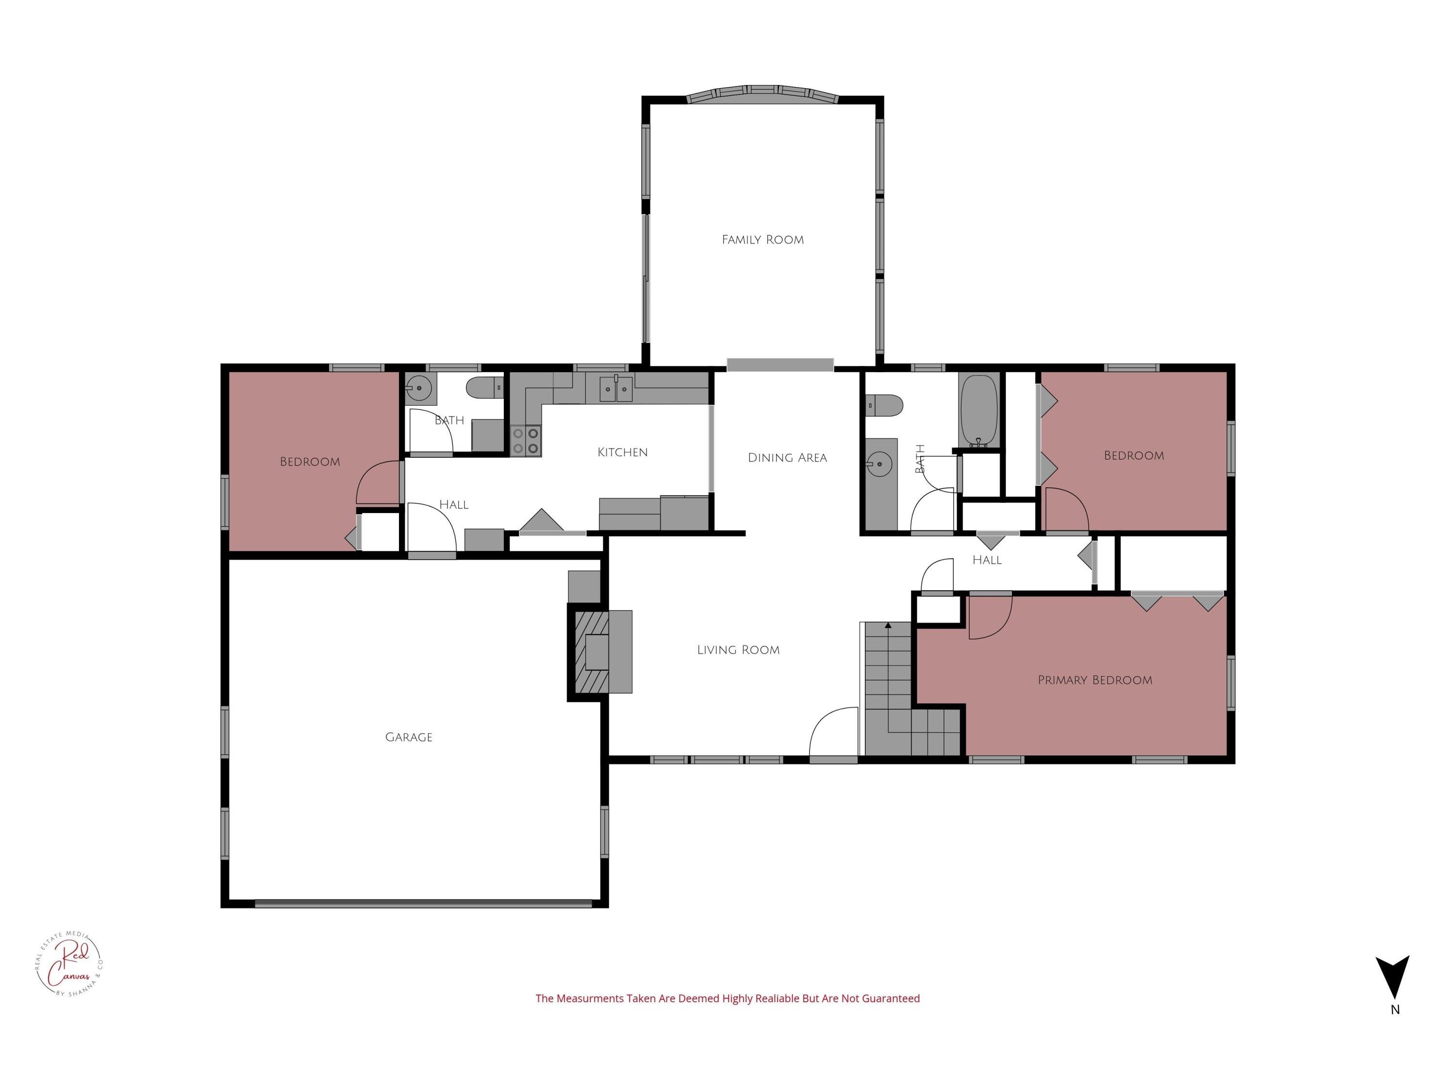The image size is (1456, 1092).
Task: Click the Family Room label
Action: (x=762, y=240)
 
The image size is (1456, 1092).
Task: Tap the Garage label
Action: (x=409, y=737)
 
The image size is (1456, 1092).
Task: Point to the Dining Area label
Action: (x=787, y=458)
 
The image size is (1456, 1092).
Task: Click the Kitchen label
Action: (x=622, y=452)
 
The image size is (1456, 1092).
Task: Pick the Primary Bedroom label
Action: (x=1094, y=680)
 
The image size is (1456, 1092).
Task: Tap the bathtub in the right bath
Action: (x=979, y=412)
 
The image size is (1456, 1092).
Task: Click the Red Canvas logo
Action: (x=69, y=964)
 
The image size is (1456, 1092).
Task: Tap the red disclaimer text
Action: (x=728, y=998)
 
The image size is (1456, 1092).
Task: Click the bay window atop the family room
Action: (x=762, y=94)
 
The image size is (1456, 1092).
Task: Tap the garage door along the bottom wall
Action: (x=423, y=904)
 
